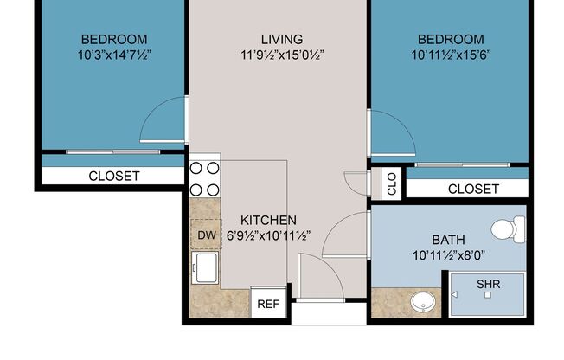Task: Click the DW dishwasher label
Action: pos(206,235)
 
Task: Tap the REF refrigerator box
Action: pos(268,304)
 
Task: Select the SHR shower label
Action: pos(487,282)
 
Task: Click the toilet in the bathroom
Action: pos(509,229)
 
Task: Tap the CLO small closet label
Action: pos(392,183)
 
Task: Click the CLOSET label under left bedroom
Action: pos(113,176)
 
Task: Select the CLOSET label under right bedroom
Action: pos(473,189)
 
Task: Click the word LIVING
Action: pos(281,39)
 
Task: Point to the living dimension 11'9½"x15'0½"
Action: pos(281,55)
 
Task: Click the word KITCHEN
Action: pos(268,220)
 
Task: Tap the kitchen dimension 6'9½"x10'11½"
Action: pos(268,235)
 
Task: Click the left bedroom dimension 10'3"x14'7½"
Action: pos(114,55)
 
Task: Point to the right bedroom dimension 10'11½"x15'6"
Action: pos(451,55)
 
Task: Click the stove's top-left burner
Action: pos(196,169)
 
